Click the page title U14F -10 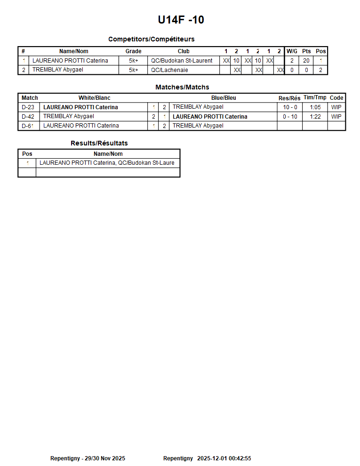[181, 20]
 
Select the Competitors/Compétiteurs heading [151, 39]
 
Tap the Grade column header [133, 51]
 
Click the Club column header [184, 51]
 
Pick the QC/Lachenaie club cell [169, 70]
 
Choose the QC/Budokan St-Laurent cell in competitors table [182, 61]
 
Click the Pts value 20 [306, 61]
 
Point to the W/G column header [292, 51]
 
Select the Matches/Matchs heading [182, 87]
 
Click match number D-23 [28, 107]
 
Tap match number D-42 [28, 117]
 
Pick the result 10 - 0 [290, 107]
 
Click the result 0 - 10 [290, 117]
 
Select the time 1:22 [315, 117]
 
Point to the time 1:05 [315, 107]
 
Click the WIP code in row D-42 [336, 117]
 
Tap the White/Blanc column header [94, 98]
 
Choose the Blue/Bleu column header [224, 98]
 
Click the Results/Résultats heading [99, 143]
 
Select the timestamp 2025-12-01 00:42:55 [224, 458]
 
